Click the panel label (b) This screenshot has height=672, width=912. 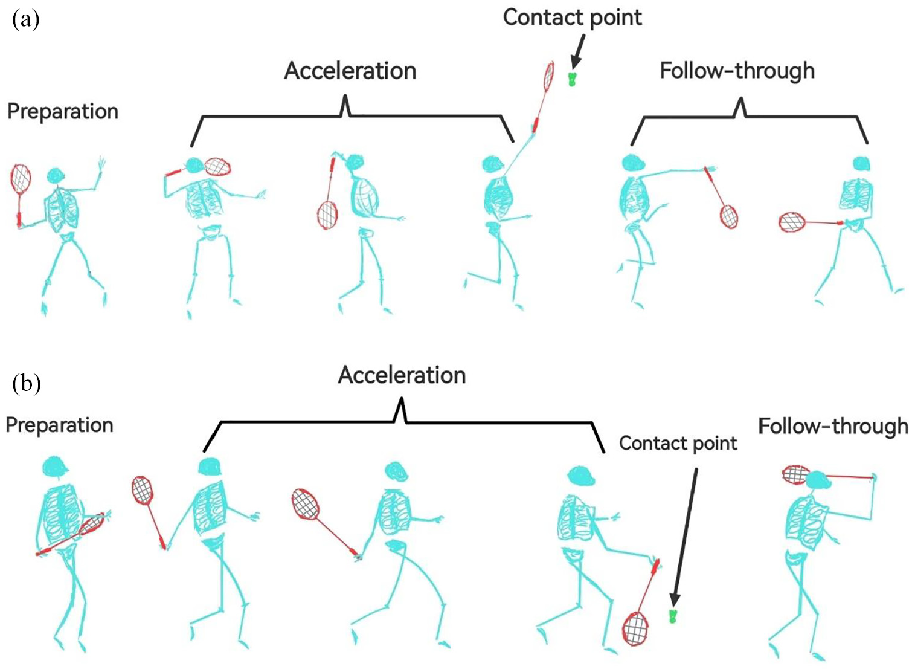[27, 383]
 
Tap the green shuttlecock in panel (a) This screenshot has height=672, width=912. [572, 79]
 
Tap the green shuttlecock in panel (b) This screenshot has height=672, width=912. [674, 616]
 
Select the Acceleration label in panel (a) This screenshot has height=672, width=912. [350, 71]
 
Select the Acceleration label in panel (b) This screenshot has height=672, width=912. [402, 375]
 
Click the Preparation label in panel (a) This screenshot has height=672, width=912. [63, 112]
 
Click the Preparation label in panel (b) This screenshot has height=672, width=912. [59, 425]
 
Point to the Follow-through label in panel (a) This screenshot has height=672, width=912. [737, 71]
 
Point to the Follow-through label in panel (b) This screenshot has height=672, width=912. [833, 427]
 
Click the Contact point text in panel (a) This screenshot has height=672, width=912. [573, 18]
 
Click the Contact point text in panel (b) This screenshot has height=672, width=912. [678, 443]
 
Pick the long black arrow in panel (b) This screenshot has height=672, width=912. [684, 538]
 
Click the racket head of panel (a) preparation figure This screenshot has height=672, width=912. [21, 179]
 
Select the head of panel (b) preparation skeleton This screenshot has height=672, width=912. [54, 465]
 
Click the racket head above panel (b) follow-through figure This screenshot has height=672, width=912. [797, 474]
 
